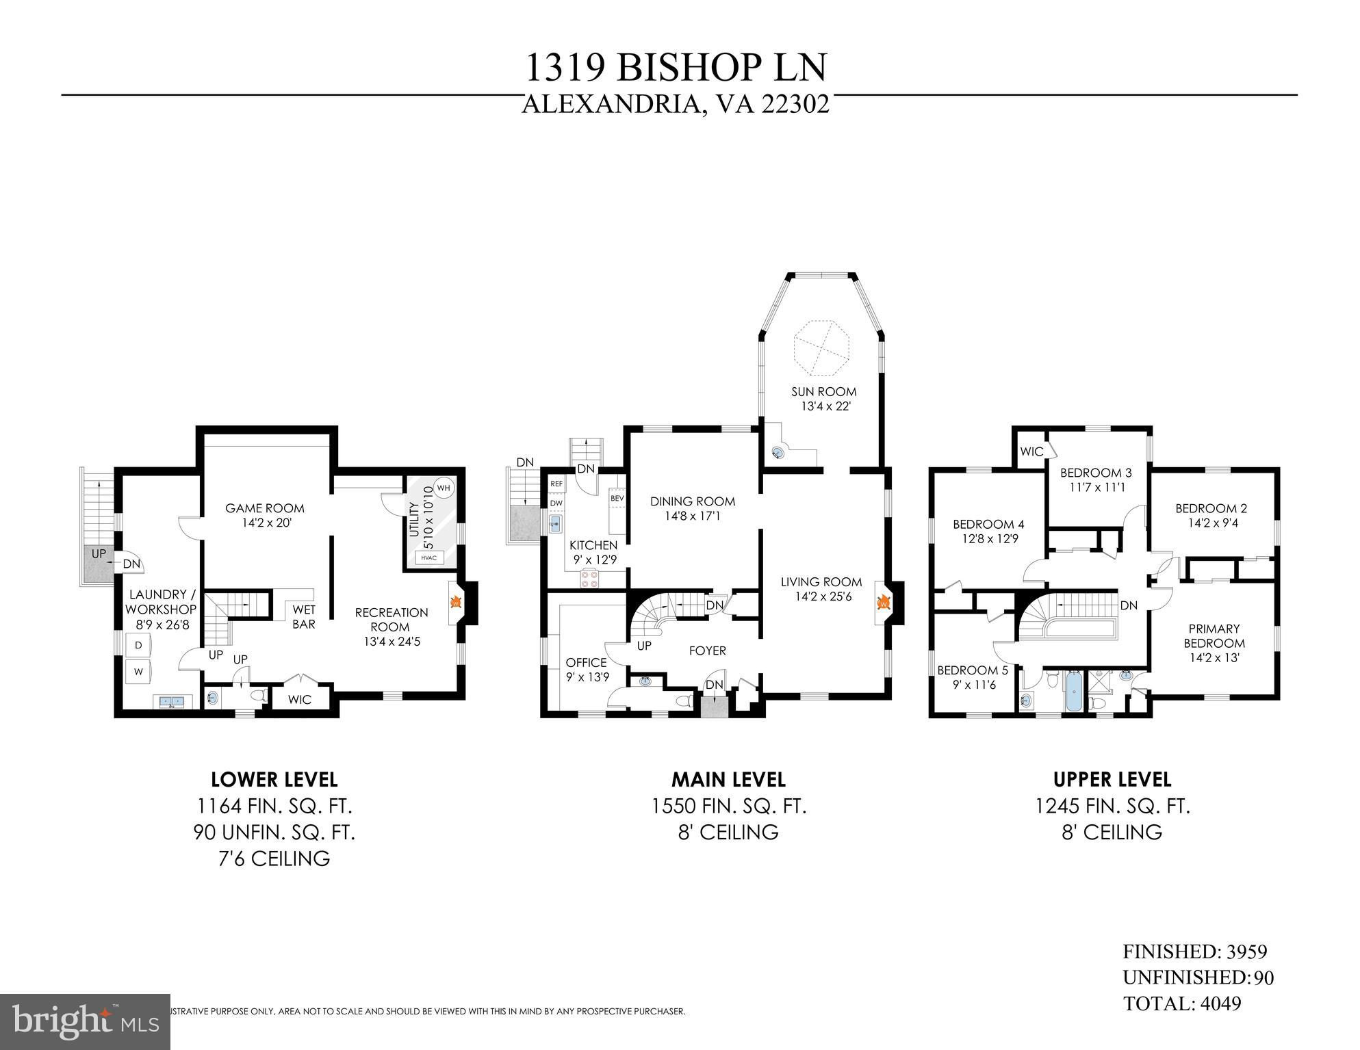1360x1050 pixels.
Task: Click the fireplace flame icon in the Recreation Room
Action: [x=455, y=603]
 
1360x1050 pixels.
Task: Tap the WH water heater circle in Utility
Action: [x=444, y=488]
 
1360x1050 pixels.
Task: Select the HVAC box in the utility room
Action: [x=428, y=557]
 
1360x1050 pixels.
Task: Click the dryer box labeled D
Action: [x=138, y=646]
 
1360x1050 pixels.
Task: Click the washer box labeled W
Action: [x=138, y=672]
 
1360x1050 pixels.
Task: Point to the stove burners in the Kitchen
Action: [x=589, y=579]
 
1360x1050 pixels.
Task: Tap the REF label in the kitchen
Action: [x=556, y=484]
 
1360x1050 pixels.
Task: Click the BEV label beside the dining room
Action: [x=617, y=498]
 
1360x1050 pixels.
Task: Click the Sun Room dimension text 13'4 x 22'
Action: [x=824, y=406]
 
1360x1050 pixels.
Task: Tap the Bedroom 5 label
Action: [x=972, y=670]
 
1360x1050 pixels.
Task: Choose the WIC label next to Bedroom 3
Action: [x=1031, y=451]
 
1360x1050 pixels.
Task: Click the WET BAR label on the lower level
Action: [x=304, y=616]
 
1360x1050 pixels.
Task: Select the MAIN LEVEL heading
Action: [x=728, y=779]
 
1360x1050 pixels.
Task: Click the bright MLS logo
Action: [x=85, y=1022]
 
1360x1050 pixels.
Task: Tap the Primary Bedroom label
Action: [x=1214, y=636]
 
